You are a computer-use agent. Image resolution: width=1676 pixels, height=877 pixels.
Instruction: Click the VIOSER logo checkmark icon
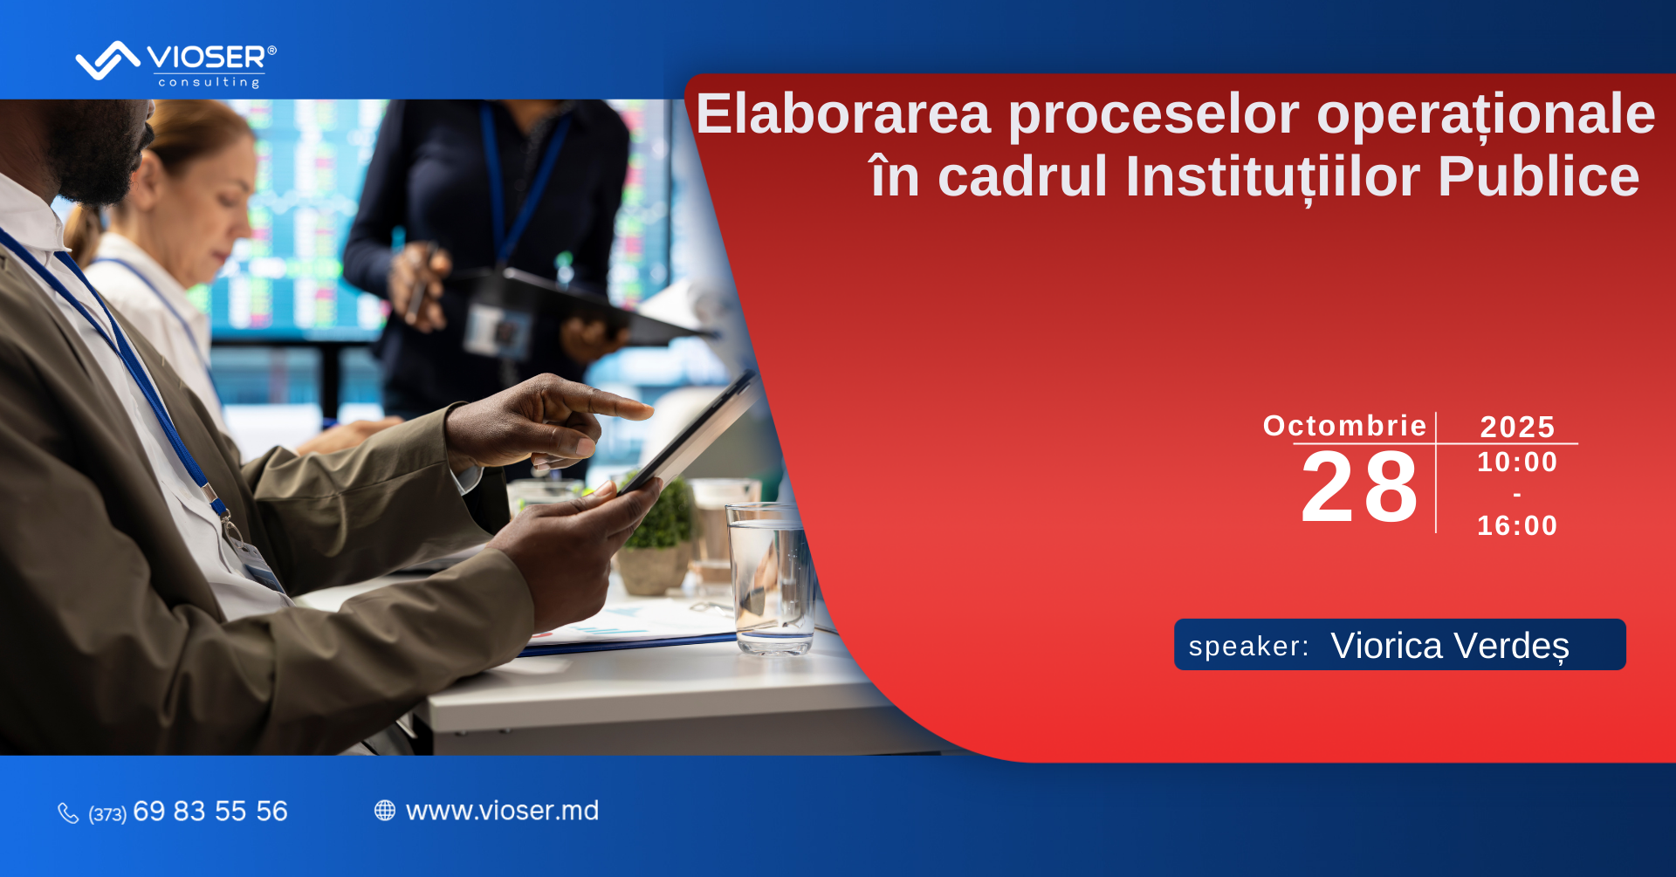point(107,60)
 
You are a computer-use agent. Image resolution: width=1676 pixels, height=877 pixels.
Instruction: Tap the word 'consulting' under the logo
point(209,82)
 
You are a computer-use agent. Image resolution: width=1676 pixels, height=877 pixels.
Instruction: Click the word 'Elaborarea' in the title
point(843,113)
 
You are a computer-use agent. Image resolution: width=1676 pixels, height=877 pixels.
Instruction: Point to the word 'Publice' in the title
point(1538,176)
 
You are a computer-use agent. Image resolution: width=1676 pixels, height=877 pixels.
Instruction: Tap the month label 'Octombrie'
point(1344,426)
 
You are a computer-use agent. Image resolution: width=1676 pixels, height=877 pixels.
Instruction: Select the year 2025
point(1518,427)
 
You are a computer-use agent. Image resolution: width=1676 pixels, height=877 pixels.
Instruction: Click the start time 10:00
point(1517,462)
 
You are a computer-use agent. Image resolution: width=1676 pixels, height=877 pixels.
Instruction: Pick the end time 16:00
point(1517,525)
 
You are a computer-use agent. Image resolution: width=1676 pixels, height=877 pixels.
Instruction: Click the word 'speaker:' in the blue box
point(1249,647)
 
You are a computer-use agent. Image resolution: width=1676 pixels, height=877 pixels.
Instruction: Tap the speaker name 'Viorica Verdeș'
point(1450,647)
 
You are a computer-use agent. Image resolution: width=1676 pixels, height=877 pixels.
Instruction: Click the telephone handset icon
point(68,813)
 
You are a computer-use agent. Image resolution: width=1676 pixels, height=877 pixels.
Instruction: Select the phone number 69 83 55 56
point(210,812)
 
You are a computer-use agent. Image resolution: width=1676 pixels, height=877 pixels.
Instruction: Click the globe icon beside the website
point(385,811)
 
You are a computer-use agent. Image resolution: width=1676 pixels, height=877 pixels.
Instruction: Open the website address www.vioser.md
point(503,811)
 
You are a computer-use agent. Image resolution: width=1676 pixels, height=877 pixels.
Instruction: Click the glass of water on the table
point(771,578)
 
